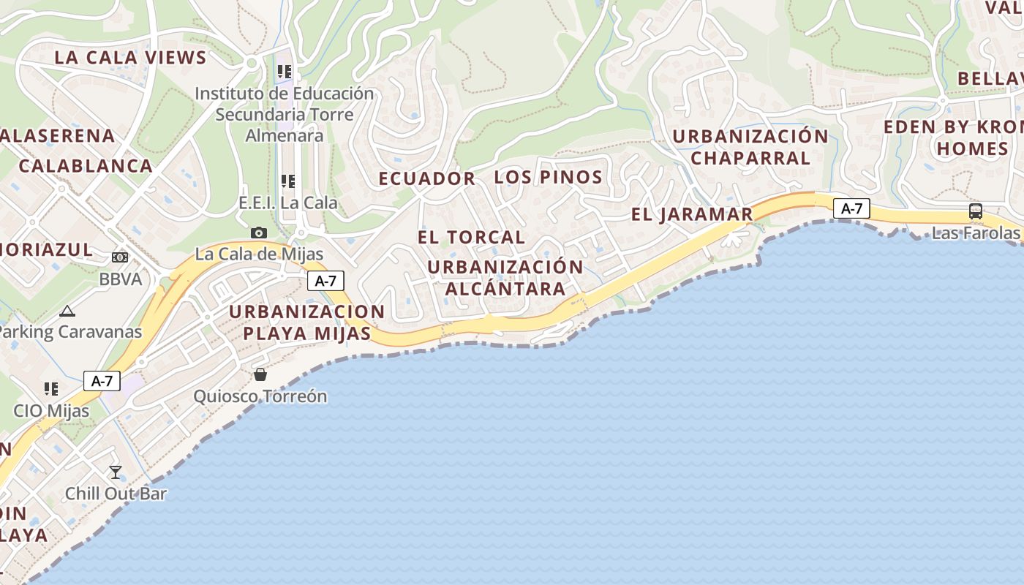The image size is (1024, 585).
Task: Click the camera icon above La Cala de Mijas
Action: tap(259, 233)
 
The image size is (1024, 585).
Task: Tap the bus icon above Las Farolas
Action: tap(975, 211)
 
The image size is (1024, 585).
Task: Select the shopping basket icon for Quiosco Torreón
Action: tap(260, 374)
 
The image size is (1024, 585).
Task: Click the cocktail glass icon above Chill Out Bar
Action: tap(116, 472)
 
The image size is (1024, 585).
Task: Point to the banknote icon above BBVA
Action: tap(120, 257)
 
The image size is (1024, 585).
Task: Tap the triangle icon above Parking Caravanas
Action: tap(67, 311)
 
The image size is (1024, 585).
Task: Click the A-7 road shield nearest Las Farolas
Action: tap(851, 208)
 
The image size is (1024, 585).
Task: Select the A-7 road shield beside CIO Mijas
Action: tap(102, 381)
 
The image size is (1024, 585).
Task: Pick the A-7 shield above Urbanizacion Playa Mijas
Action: tap(325, 281)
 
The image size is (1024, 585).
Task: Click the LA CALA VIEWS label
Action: tap(130, 58)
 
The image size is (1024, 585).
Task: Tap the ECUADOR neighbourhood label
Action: tap(426, 178)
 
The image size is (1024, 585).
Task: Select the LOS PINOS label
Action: tap(548, 177)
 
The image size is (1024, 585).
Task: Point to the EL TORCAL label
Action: tap(471, 237)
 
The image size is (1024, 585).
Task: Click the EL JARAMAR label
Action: tap(691, 214)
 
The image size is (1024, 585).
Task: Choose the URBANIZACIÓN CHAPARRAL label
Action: tap(750, 147)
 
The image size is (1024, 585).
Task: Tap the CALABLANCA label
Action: tap(86, 166)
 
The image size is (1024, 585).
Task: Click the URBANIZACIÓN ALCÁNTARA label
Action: tap(505, 277)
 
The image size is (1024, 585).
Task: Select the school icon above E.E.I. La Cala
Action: tap(287, 181)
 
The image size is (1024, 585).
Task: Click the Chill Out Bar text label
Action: tap(116, 494)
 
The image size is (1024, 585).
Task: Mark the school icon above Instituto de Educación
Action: tap(284, 72)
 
